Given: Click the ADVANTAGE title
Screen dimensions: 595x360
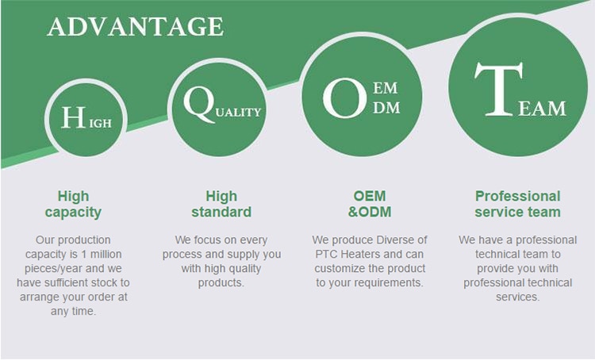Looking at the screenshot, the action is tap(136, 26).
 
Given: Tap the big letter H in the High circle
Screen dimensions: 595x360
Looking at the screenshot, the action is tap(73, 117).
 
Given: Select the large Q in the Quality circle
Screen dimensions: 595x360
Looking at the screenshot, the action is tap(198, 103).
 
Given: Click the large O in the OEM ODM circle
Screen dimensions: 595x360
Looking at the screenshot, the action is tap(345, 98).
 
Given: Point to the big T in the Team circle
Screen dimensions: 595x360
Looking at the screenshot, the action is tap(499, 89).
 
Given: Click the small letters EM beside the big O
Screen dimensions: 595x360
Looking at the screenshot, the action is tap(385, 88).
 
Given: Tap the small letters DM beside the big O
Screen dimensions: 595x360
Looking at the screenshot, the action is tap(386, 108).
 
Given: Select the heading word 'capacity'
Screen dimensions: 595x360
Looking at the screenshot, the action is tap(73, 213).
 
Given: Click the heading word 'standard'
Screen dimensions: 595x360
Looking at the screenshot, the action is tap(221, 212).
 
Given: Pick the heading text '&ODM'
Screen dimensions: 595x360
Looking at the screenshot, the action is tap(370, 212).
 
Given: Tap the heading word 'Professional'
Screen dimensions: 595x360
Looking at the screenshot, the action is tap(517, 196).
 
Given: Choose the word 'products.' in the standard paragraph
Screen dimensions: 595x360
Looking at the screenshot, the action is tap(221, 282).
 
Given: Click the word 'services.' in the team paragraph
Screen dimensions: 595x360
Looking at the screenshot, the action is tap(517, 297).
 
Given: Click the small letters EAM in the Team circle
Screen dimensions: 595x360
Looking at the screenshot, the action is tap(542, 109).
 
